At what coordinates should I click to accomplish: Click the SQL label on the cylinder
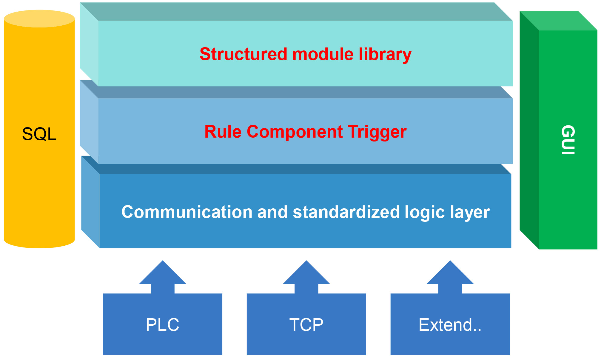coord(39,134)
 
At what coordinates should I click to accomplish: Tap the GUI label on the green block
coord(568,140)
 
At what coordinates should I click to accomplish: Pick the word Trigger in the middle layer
coord(377,132)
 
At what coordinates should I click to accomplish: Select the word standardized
coord(346,212)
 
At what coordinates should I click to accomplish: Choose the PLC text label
coord(163,325)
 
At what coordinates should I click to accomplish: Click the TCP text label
coord(306,325)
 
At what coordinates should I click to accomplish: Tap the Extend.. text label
coord(450,325)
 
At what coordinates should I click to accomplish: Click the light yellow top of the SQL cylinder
coord(39,19)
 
